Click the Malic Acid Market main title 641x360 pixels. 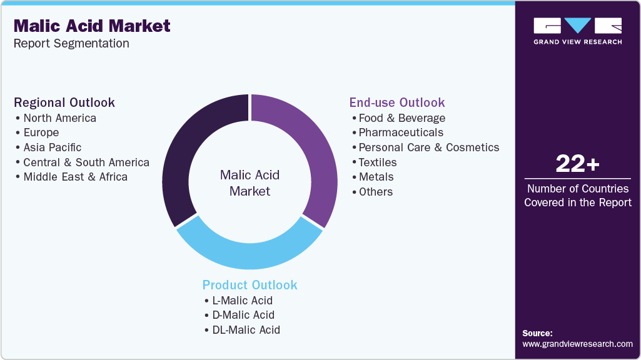pos(92,26)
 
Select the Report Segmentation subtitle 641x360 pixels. pos(71,43)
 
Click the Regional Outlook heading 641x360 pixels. pos(64,102)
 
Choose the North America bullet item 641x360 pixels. pos(59,118)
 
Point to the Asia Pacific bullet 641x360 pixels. pos(53,147)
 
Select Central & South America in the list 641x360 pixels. pos(86,162)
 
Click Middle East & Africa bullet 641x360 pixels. pos(75,177)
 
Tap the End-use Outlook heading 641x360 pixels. pos(397,102)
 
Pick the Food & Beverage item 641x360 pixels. pos(401,118)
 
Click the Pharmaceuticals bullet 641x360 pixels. pos(400,132)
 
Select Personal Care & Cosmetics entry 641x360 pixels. pos(428,147)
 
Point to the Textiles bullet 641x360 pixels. pos(377,162)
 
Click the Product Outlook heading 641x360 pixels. pos(250,285)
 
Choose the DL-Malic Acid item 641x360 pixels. pos(246,329)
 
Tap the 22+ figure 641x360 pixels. pos(577,164)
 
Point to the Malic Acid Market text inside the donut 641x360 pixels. pos(250,183)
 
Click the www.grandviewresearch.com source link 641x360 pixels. pos(577,344)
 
